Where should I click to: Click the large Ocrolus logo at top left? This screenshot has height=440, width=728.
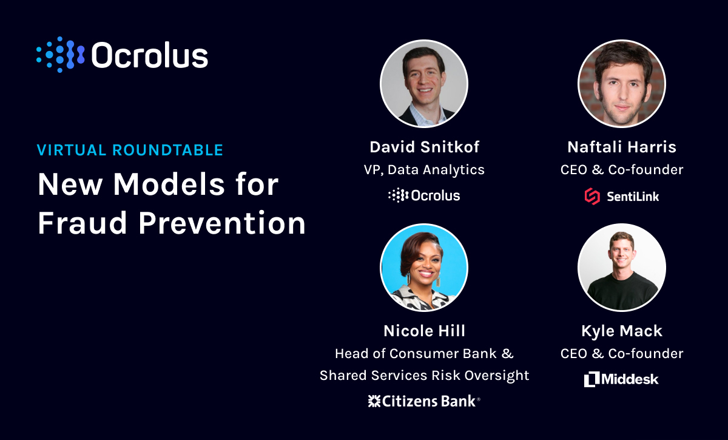[122, 55]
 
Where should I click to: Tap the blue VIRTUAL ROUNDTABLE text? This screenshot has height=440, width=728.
[130, 150]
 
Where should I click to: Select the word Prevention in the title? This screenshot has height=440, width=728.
[222, 223]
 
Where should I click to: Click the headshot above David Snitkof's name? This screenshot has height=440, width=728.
[424, 84]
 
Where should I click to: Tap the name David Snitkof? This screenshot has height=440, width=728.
[424, 147]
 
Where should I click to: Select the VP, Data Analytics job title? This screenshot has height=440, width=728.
[424, 170]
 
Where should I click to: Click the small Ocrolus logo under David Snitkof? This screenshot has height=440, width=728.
[424, 195]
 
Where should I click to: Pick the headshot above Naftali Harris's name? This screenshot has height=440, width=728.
[622, 84]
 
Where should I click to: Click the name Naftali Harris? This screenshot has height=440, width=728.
[622, 147]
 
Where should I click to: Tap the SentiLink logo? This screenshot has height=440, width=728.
[622, 196]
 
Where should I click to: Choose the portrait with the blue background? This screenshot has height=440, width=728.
[424, 268]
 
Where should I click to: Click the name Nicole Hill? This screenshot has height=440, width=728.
[424, 331]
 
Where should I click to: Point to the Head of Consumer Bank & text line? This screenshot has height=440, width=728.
[424, 353]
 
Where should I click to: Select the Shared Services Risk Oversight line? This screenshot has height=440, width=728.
[424, 376]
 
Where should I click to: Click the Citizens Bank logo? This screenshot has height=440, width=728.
[424, 401]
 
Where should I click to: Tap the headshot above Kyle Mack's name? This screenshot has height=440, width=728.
[622, 268]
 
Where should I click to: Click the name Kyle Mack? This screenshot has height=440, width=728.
[622, 331]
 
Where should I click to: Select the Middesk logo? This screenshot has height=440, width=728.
[622, 379]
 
